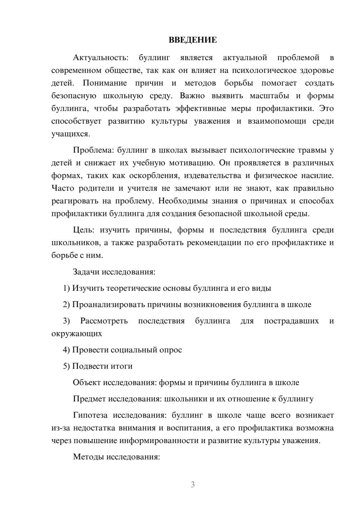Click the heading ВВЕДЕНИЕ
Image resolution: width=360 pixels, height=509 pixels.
(193, 40)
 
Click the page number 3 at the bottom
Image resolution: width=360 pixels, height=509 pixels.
(193, 485)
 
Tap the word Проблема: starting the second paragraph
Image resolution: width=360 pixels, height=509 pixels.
(94, 150)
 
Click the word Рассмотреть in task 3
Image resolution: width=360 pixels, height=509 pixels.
(104, 321)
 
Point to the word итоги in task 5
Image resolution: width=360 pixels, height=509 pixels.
(121, 366)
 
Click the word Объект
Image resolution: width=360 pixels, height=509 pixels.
(87, 383)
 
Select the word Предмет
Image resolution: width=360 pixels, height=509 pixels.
(90, 399)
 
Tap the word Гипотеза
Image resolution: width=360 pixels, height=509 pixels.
(90, 415)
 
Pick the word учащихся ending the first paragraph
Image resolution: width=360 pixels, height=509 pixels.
(70, 134)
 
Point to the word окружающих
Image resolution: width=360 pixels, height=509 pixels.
(77, 334)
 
